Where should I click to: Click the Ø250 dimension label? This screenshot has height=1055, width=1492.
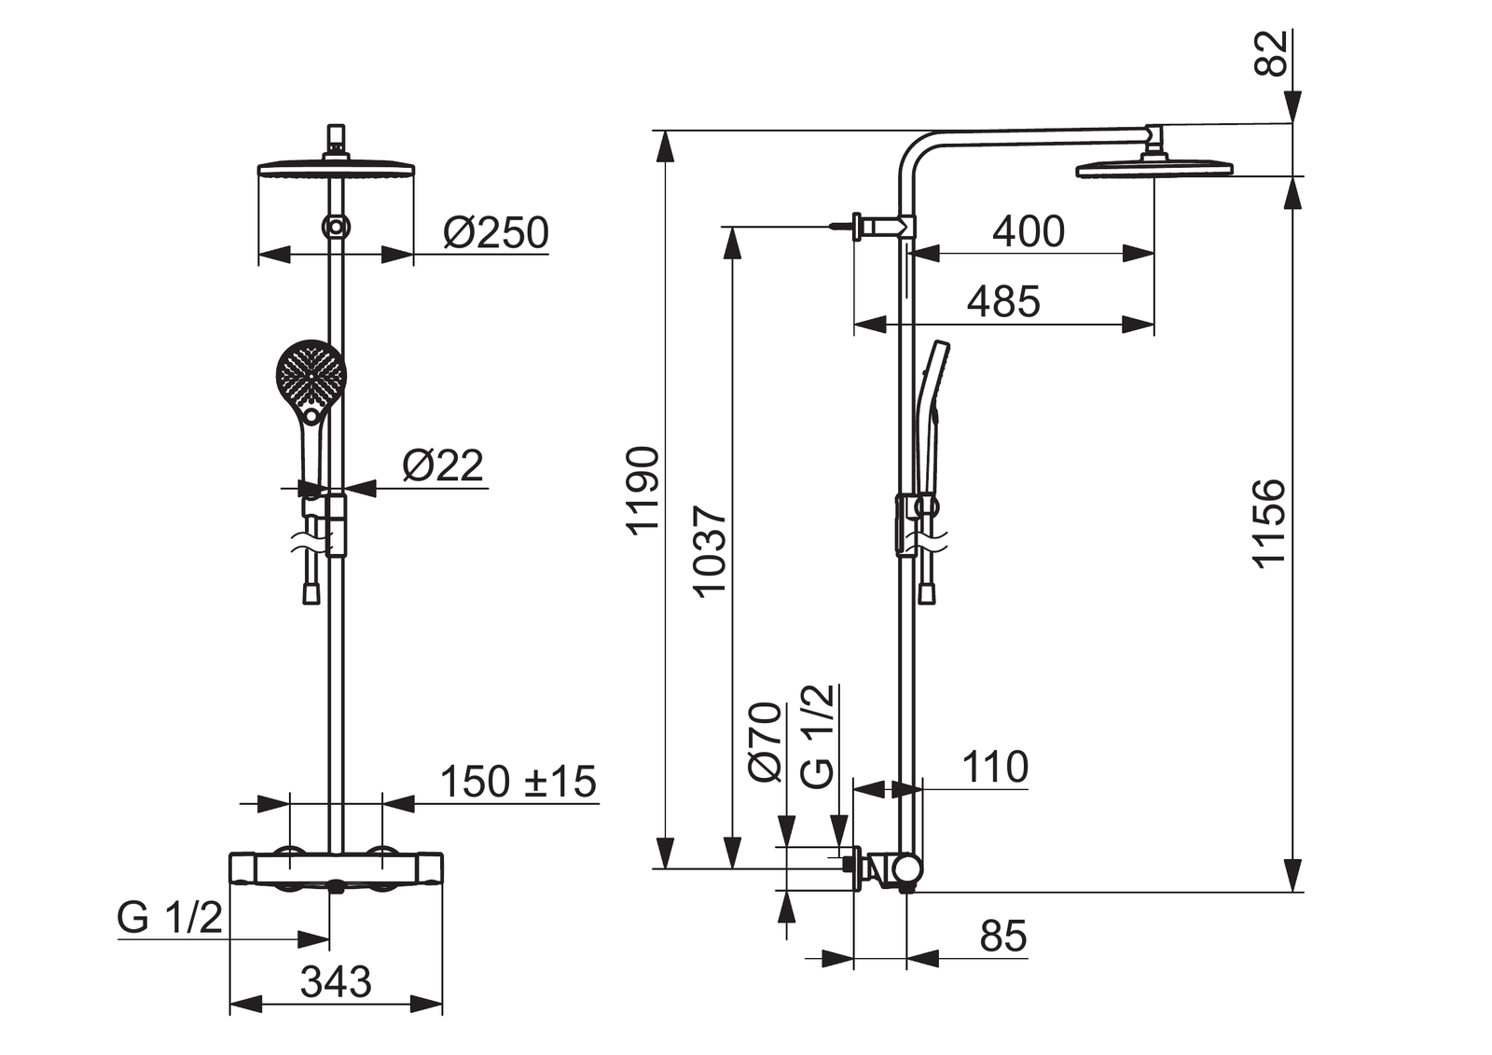[496, 232]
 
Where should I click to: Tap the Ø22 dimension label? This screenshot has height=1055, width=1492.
[443, 465]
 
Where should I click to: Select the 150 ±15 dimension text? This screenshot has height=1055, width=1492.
[518, 782]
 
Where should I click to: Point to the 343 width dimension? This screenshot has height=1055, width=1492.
[336, 981]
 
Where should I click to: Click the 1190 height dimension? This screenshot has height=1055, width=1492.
[643, 490]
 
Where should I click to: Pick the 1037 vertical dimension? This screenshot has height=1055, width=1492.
[711, 550]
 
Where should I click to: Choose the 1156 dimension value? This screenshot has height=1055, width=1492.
[1269, 522]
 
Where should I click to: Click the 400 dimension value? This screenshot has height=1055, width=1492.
[1028, 231]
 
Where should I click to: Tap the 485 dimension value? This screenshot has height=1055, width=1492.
[1003, 302]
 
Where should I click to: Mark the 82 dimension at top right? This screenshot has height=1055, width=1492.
[1271, 52]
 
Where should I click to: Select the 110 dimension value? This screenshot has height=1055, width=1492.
[995, 767]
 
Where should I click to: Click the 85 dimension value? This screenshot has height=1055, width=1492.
[1003, 937]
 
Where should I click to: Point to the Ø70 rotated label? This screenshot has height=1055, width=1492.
[766, 742]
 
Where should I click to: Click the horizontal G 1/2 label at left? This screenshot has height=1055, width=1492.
[170, 918]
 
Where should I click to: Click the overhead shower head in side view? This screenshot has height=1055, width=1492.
[1154, 169]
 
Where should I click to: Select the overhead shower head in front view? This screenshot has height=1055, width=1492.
[336, 169]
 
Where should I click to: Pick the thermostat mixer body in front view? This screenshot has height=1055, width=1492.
[336, 868]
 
